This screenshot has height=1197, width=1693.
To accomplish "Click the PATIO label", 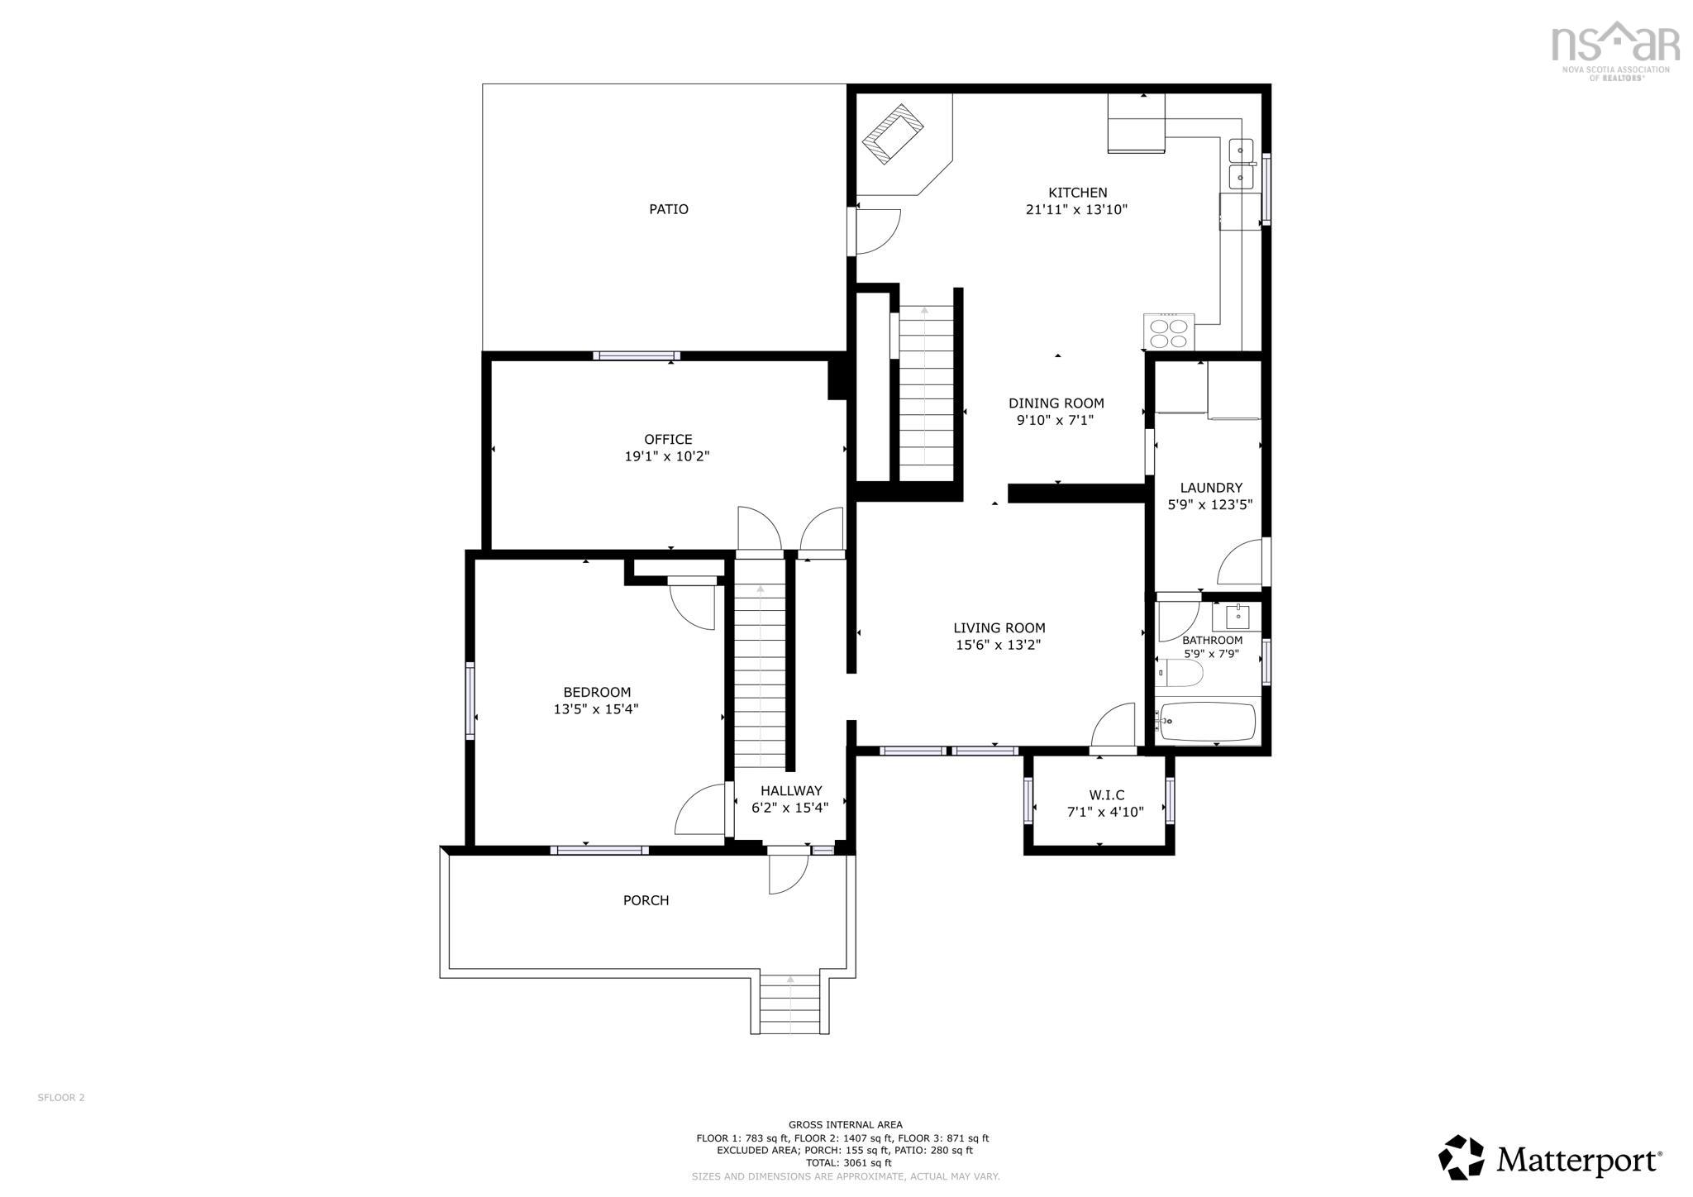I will tap(668, 209).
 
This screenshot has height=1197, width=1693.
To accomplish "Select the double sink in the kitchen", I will tap(1241, 165).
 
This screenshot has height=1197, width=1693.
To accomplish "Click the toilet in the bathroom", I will tap(1180, 673).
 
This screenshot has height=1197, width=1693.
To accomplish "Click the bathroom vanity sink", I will tap(1238, 616).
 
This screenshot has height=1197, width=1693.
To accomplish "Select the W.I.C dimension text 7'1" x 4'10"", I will tap(1105, 813).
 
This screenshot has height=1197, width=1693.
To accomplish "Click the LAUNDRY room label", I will tap(1210, 488).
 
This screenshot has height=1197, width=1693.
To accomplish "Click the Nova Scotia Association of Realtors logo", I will tap(1614, 50).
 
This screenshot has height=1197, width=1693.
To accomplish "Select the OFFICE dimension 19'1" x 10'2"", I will tap(667, 456).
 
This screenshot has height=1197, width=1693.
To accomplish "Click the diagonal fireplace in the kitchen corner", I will tap(893, 134).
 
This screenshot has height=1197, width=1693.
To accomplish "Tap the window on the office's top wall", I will tap(636, 356).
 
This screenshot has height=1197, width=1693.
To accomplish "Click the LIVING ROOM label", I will tap(999, 628).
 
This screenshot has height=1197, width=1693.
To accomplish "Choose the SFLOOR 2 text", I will tap(61, 1098).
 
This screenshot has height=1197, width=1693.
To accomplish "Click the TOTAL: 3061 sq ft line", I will tap(845, 1163).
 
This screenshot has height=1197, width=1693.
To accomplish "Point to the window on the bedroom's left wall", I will tap(470, 699).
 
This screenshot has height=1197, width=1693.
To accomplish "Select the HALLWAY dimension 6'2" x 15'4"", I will tap(789, 808).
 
